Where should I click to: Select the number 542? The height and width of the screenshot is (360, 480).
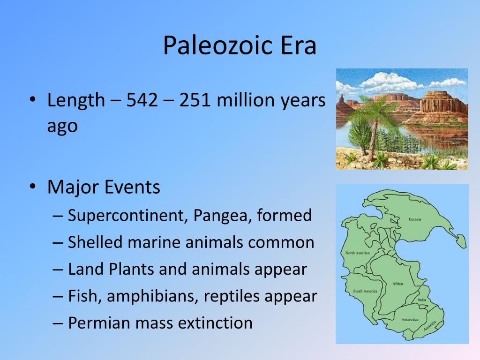[x=142, y=100]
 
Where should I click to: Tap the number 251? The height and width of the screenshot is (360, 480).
[x=195, y=100]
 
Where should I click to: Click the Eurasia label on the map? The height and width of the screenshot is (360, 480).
[x=415, y=219]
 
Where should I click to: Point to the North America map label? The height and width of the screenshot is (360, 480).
[x=358, y=253]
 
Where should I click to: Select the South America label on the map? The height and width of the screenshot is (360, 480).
[x=365, y=291]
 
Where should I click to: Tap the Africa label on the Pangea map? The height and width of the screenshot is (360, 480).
[x=397, y=284]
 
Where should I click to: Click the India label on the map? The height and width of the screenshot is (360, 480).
[x=422, y=300]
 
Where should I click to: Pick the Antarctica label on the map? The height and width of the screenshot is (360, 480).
[x=410, y=320]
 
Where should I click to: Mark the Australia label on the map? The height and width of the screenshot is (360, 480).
[x=430, y=326]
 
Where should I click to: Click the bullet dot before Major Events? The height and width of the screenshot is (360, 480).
[x=33, y=186]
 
